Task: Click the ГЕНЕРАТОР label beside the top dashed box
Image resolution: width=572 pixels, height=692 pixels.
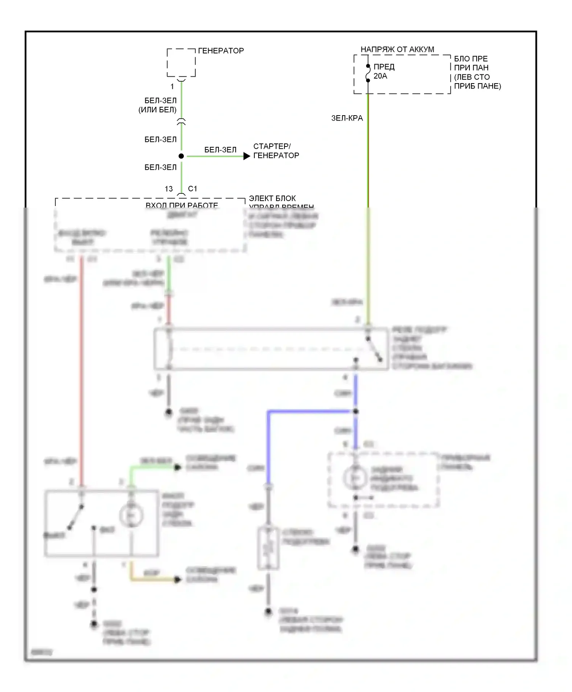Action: coord(221,51)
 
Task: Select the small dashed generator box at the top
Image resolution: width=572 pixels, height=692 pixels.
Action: coord(181,63)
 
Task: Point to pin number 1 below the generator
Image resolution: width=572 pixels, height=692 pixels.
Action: coord(172,87)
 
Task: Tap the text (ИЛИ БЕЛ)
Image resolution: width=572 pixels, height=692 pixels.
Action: coord(157,110)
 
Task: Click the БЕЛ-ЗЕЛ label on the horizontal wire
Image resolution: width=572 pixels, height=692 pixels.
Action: coord(220,150)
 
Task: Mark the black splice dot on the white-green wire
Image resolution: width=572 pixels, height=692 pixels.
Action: coord(181,156)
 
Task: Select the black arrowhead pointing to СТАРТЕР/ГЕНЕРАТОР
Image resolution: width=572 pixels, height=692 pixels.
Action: coord(247,156)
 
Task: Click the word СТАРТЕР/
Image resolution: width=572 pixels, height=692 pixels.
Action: coord(272,146)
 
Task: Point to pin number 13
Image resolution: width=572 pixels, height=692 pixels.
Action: coord(169,189)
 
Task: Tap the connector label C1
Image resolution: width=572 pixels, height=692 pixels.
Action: coord(193,189)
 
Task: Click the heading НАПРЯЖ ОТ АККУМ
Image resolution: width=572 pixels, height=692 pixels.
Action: coord(397,50)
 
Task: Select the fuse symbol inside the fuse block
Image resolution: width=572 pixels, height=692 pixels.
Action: coord(368,73)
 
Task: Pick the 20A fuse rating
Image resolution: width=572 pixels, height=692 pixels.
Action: coord(380,76)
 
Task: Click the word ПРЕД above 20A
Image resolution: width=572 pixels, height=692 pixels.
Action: coord(384,67)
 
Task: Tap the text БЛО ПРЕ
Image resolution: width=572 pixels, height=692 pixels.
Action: coord(471,59)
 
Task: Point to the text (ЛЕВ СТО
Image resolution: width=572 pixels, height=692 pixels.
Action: coord(472,77)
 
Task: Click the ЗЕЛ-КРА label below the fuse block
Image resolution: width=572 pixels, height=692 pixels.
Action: coord(347,118)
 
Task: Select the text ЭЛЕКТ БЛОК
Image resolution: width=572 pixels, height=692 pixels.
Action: coord(272,198)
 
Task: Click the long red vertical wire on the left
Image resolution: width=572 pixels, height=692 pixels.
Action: coord(81,362)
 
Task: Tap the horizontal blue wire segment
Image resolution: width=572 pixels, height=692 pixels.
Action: coord(309,411)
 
